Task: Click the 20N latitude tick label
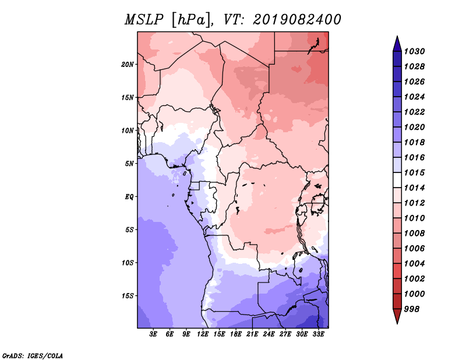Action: [127, 65]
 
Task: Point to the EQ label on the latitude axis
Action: [129, 197]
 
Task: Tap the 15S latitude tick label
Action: [127, 296]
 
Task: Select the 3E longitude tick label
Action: [153, 334]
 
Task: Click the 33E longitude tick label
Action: [318, 334]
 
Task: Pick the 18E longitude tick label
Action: [236, 334]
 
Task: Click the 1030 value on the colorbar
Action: [415, 51]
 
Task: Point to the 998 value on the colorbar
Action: [412, 309]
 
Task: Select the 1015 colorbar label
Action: [415, 172]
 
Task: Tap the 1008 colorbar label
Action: [415, 234]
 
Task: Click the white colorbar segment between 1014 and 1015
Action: [397, 180]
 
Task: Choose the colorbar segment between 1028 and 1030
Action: [397, 59]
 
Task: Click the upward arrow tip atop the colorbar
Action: [397, 36]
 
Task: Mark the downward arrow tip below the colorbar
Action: [397, 324]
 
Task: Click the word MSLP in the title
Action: [144, 20]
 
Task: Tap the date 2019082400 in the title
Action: [297, 20]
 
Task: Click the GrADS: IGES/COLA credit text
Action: [33, 356]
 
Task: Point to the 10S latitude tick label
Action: [127, 263]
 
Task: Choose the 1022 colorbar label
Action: [415, 112]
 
